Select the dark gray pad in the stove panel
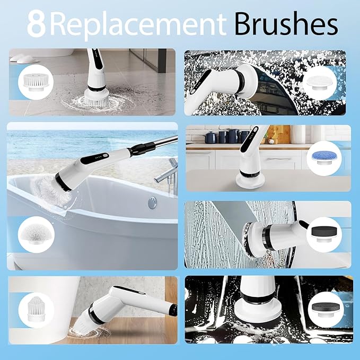tap(323, 306)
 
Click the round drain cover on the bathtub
tap(152, 202)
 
